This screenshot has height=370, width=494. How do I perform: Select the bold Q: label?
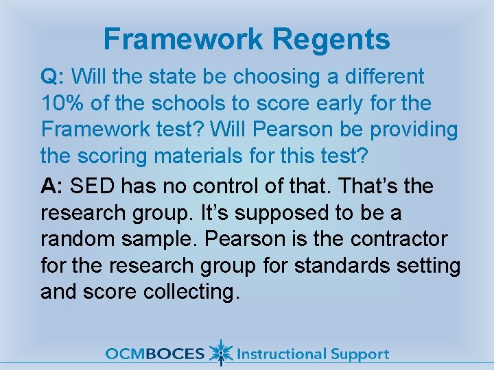pyautogui.click(x=53, y=76)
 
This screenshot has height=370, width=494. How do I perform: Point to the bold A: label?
pyautogui.click(x=53, y=186)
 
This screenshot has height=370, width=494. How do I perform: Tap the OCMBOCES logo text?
pyautogui.click(x=155, y=354)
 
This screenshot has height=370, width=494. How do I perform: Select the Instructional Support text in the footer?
pyautogui.click(x=312, y=354)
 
